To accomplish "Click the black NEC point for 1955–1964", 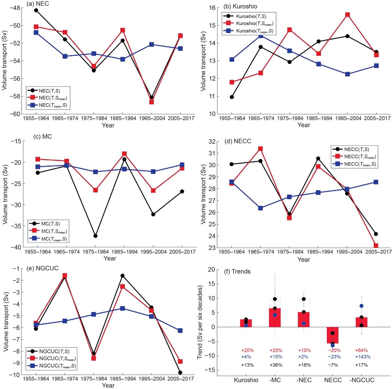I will point(36,10).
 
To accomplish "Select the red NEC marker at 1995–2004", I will point(151,102).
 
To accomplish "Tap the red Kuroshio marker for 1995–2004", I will point(347,15).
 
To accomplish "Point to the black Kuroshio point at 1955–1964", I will point(232,97).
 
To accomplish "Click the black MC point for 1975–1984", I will point(95,236).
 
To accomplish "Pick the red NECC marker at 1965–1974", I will point(261,149).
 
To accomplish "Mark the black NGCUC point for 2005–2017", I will point(180,372).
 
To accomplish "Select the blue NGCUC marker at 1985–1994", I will point(122,308).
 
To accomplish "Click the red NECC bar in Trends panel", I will point(332,335).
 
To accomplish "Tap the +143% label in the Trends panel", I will point(363,357).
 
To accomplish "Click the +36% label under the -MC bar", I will point(276,365).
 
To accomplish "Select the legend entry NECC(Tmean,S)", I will point(360,164).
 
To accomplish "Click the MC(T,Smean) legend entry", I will point(54,232).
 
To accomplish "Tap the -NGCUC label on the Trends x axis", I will point(362,380).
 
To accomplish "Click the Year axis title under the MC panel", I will point(110,258).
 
